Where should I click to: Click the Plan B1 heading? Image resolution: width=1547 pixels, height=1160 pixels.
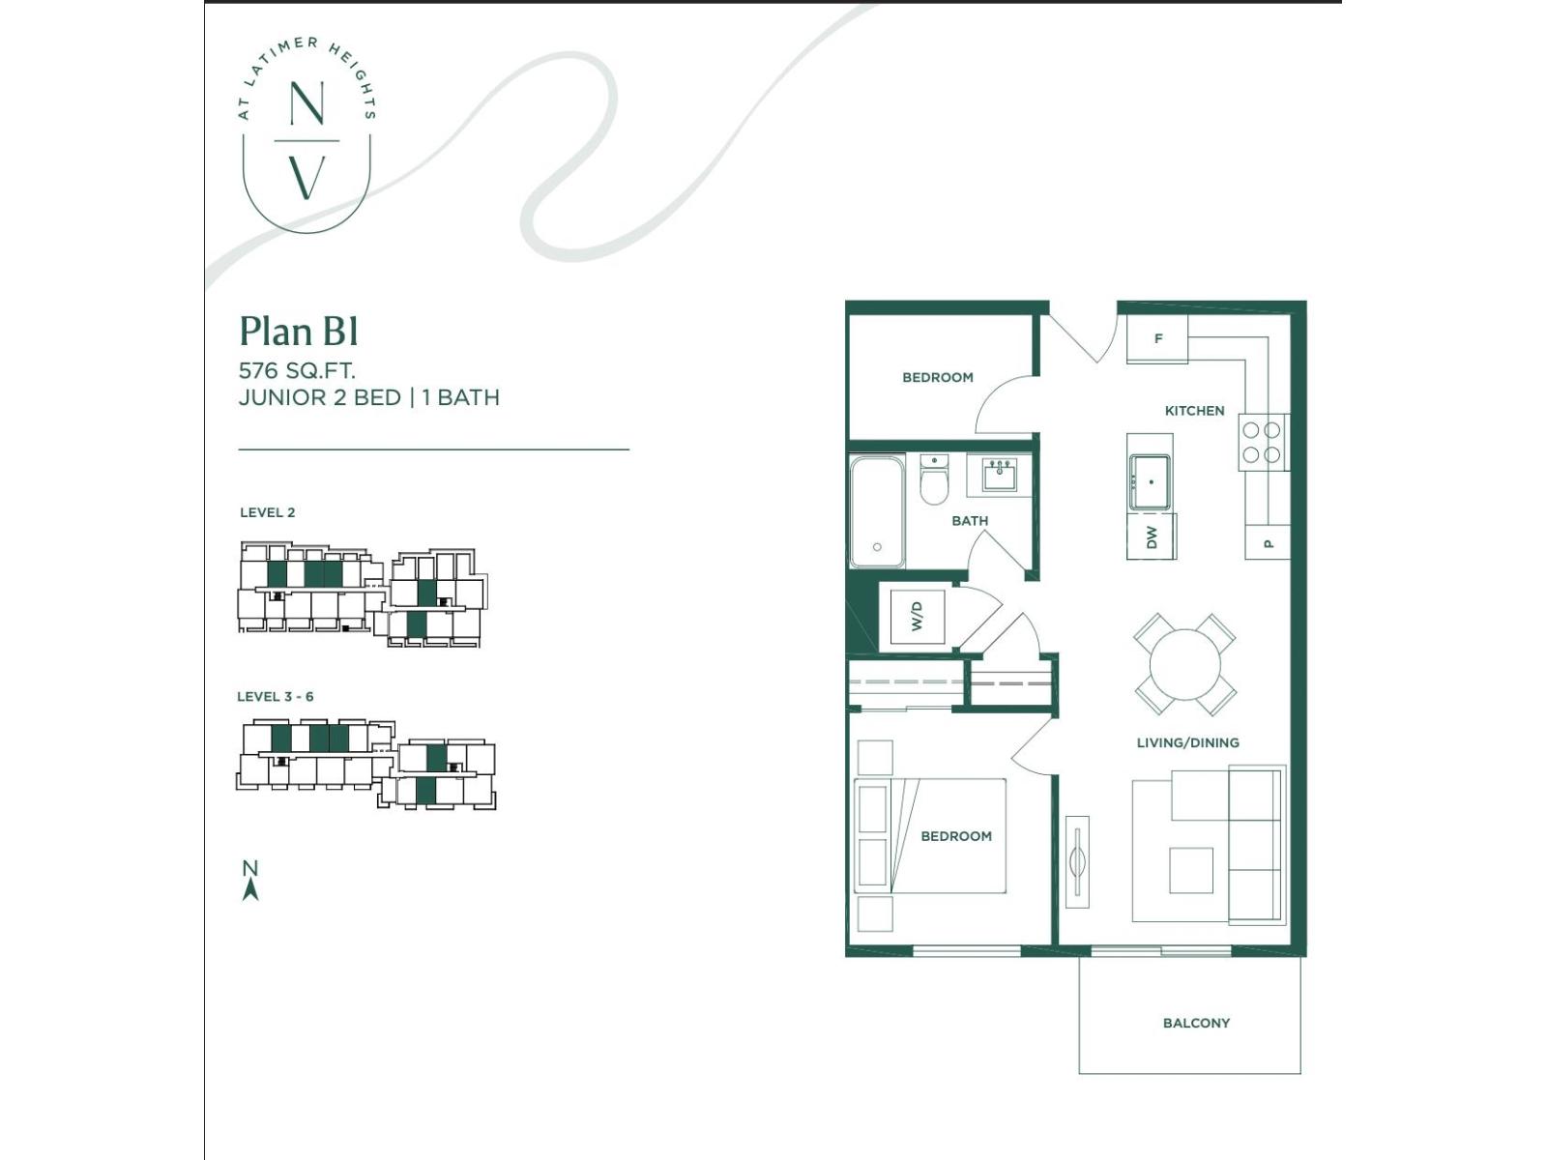click(x=299, y=331)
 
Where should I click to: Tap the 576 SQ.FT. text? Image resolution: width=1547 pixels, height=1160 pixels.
click(x=297, y=370)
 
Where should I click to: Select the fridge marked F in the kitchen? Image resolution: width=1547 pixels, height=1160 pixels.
click(x=1156, y=338)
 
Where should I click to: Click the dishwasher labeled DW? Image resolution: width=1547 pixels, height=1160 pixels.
click(x=1151, y=536)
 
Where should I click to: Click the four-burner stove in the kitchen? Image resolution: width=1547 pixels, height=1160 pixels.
click(x=1264, y=443)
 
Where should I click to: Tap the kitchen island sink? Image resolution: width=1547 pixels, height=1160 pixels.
click(x=1150, y=482)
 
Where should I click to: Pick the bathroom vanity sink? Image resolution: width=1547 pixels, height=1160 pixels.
click(x=999, y=474)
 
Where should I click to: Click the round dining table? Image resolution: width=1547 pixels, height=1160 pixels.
click(x=1184, y=664)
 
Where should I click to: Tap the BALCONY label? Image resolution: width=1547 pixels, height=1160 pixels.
click(x=1196, y=1023)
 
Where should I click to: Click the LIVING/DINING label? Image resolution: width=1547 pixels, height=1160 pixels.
click(x=1187, y=742)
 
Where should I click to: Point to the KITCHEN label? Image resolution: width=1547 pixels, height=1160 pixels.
click(x=1195, y=411)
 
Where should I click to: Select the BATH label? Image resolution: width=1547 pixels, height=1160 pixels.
click(x=970, y=521)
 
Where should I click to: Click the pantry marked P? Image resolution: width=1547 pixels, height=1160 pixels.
click(x=1268, y=542)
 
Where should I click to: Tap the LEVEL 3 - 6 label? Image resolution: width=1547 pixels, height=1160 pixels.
click(x=275, y=697)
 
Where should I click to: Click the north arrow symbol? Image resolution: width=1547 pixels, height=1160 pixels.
click(x=250, y=881)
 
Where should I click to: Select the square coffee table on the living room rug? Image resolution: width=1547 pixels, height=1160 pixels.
click(x=1191, y=871)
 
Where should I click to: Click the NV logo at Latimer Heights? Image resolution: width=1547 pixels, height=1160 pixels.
click(x=306, y=133)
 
